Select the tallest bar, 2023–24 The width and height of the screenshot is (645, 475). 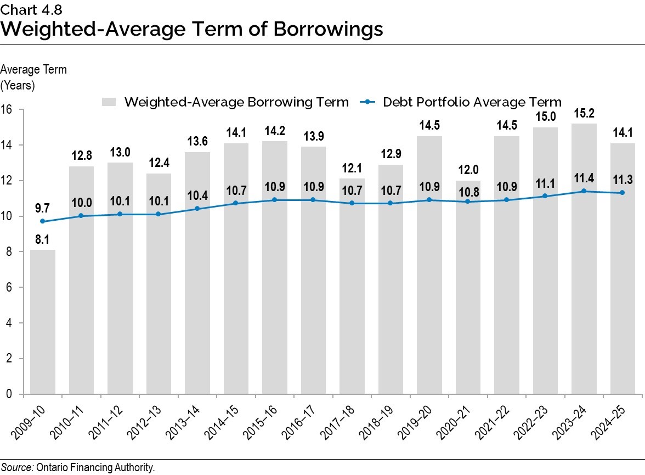pyautogui.click(x=584, y=258)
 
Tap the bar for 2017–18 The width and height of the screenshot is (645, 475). pyautogui.click(x=352, y=286)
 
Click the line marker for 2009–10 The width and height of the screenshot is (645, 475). pyautogui.click(x=42, y=221)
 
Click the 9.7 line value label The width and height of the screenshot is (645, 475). pyautogui.click(x=42, y=209)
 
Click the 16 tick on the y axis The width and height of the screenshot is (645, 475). pyautogui.click(x=9, y=109)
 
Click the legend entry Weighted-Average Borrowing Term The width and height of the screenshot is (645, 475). pyautogui.click(x=236, y=102)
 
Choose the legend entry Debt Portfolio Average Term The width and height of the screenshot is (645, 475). pyautogui.click(x=472, y=102)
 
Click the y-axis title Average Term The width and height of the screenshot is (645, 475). pyautogui.click(x=34, y=70)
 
